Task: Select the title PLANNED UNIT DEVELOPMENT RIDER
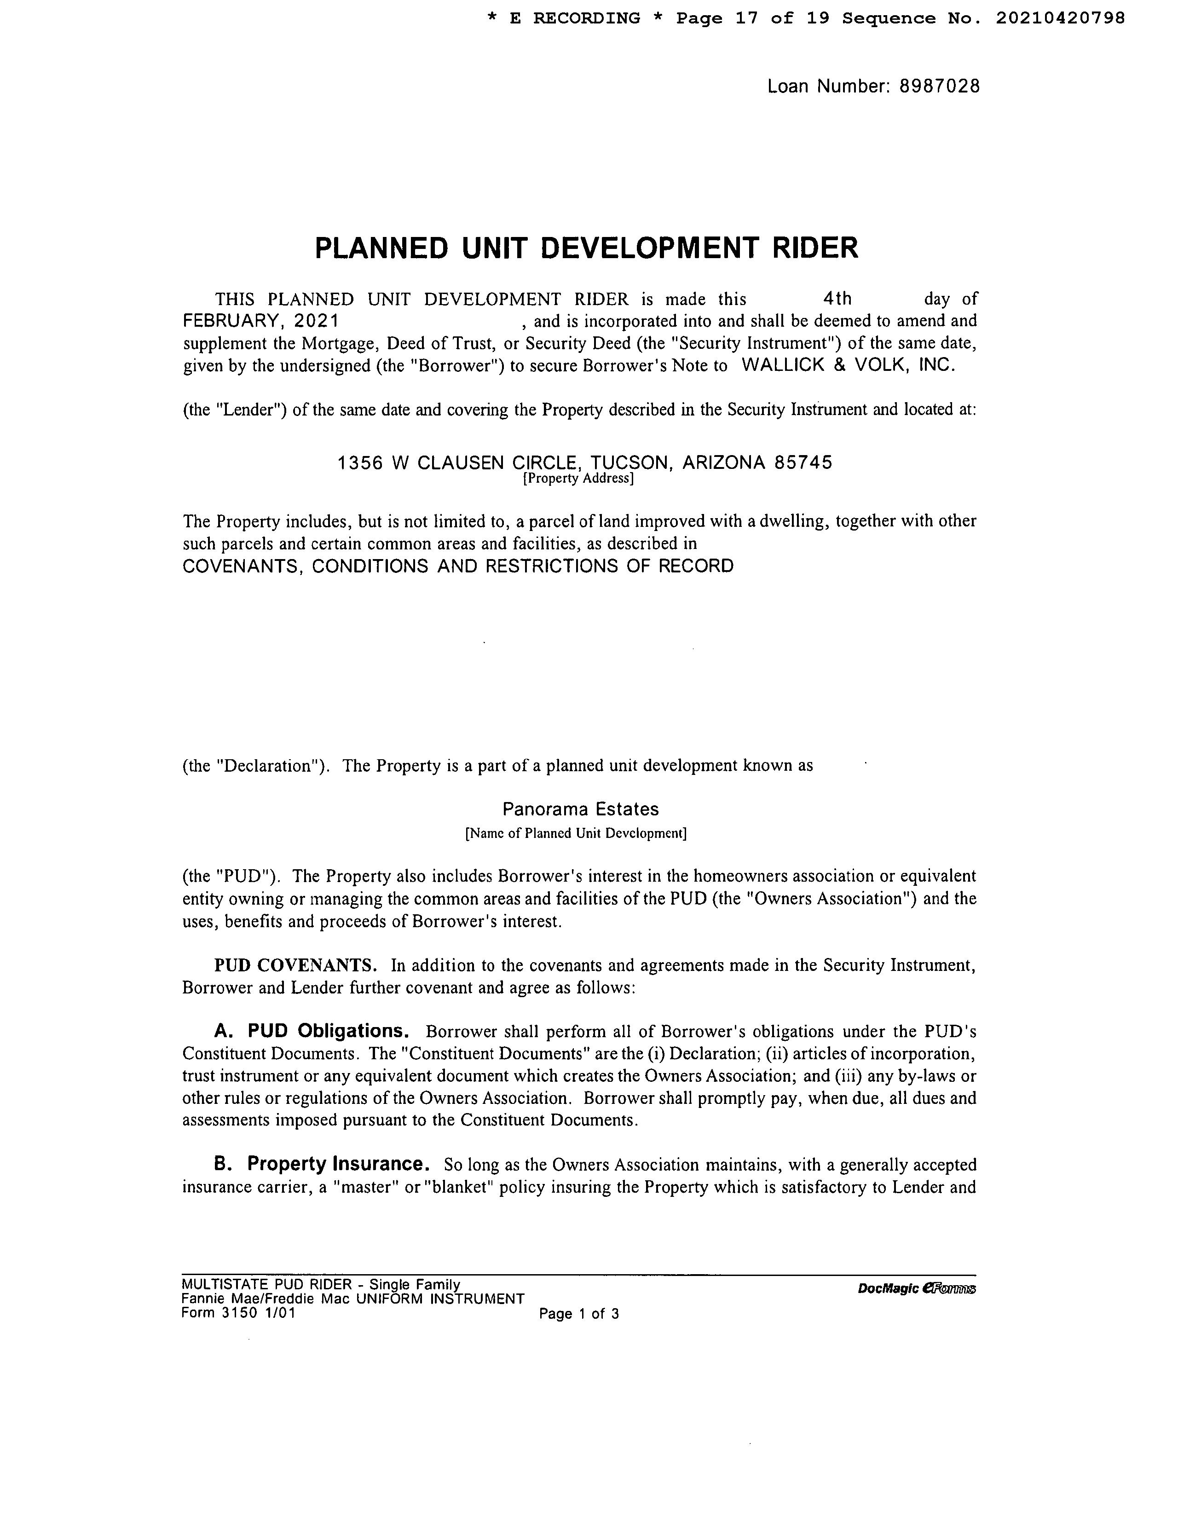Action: pos(586,248)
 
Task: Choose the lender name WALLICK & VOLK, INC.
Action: pos(847,366)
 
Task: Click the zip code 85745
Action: pos(803,462)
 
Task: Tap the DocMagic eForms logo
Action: pos(916,1288)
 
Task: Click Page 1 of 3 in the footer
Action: pos(578,1314)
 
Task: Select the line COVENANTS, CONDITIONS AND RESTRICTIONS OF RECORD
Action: pos(458,566)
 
